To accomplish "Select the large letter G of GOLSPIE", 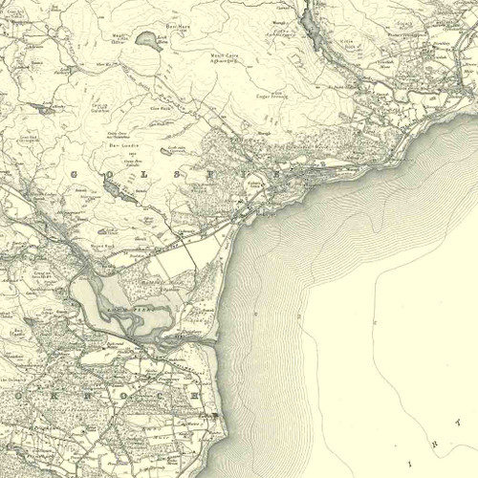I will [76, 173].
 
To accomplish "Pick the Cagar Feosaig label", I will [256, 95].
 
